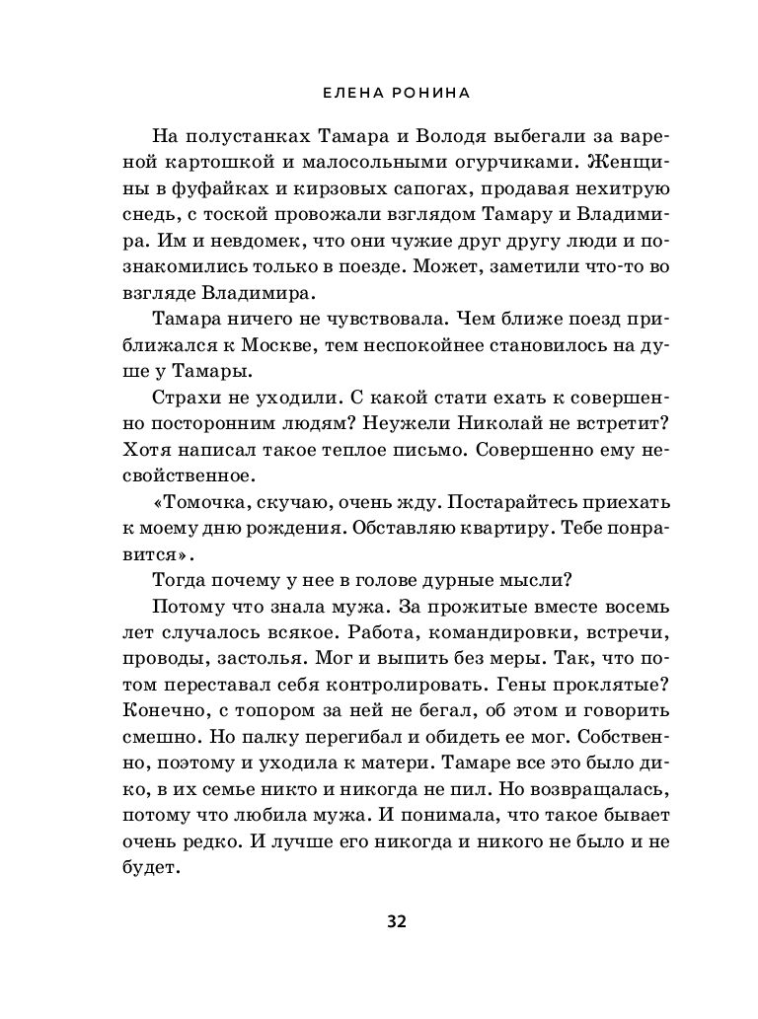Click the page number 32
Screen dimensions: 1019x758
pyautogui.click(x=396, y=922)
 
